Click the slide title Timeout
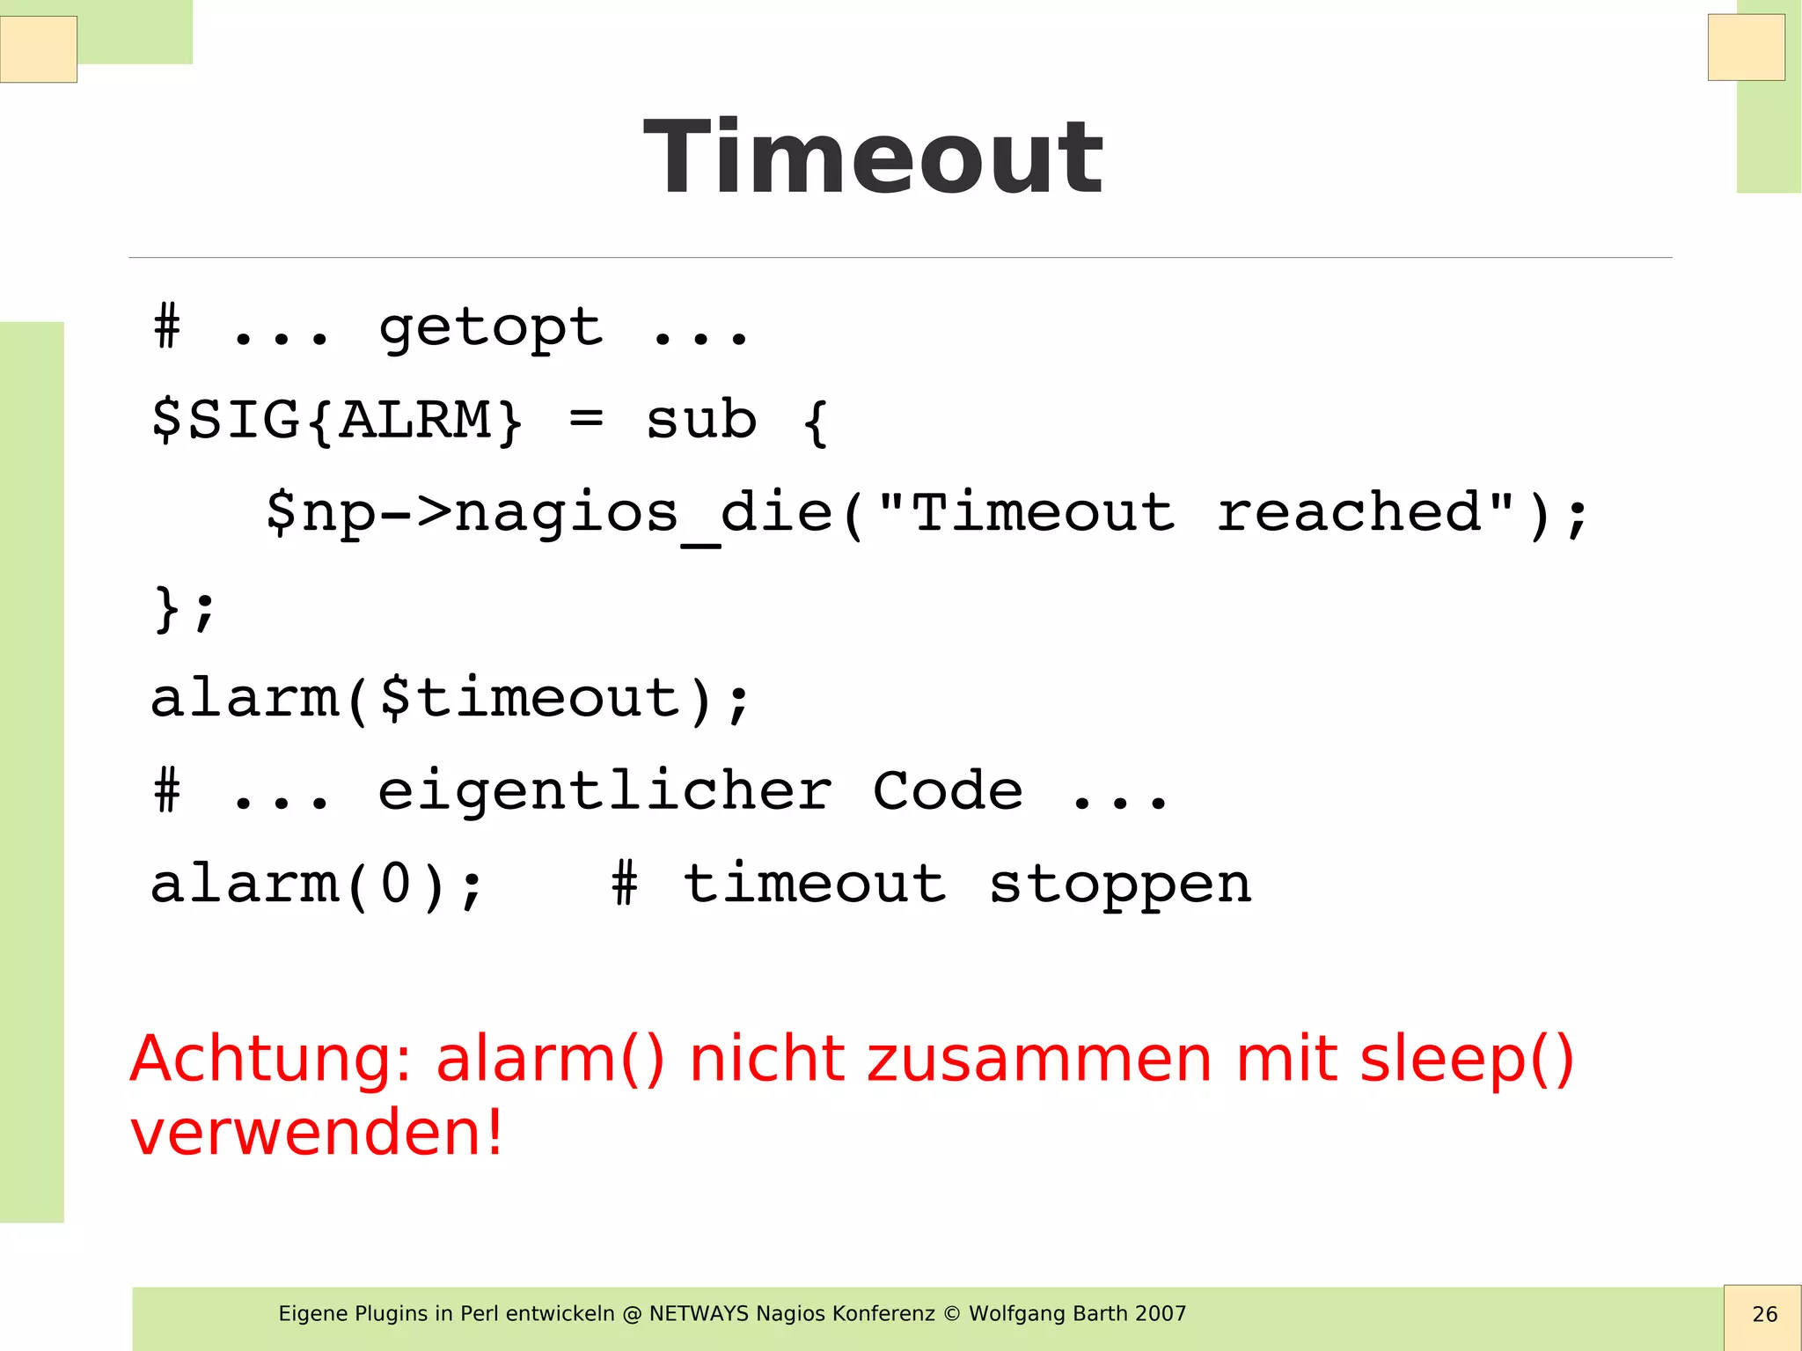(873, 158)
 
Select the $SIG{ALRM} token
(338, 421)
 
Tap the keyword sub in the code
(701, 421)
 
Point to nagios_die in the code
(642, 514)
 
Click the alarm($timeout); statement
(450, 700)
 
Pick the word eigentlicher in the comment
(604, 791)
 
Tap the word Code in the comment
(948, 791)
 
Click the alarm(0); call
(317, 885)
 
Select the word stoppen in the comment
(1119, 885)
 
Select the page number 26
(1764, 1315)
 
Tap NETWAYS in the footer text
(700, 1314)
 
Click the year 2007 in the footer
(1161, 1314)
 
